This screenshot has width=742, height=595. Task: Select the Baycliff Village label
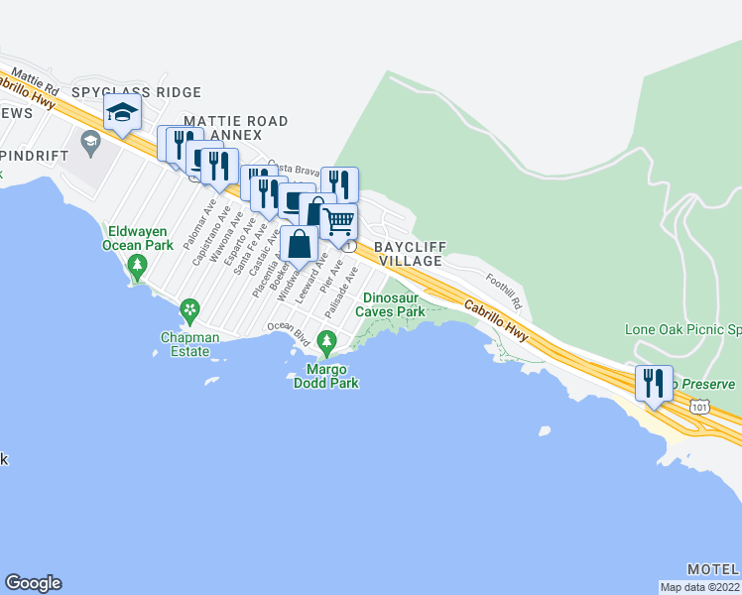pyautogui.click(x=410, y=253)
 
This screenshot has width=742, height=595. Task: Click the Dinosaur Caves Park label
pyautogui.click(x=394, y=304)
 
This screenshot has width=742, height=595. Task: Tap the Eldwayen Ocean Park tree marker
pyautogui.click(x=138, y=265)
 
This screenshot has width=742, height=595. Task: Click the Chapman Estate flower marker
pyautogui.click(x=188, y=313)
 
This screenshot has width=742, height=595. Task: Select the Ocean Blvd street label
pyautogui.click(x=289, y=333)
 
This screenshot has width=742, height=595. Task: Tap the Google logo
pyautogui.click(x=33, y=583)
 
